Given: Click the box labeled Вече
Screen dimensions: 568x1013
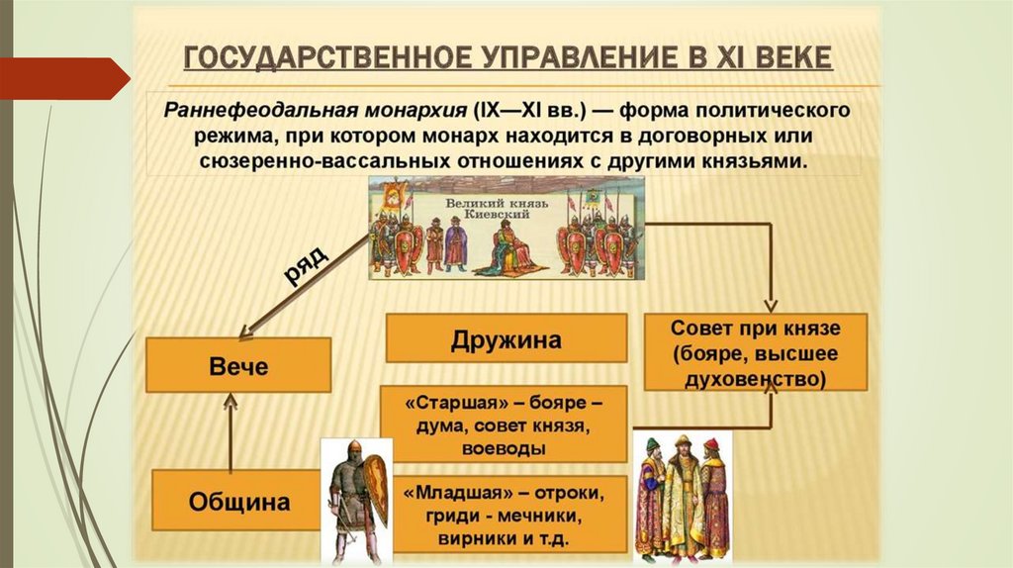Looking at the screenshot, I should (238, 365).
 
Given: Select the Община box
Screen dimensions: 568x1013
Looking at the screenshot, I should (238, 501).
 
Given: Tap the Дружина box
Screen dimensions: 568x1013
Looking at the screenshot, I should (506, 339).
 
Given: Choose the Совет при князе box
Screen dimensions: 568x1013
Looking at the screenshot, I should (756, 351).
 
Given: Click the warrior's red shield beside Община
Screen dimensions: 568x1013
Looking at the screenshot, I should (376, 485).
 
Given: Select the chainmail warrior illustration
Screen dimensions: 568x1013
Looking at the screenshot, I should (351, 495).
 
